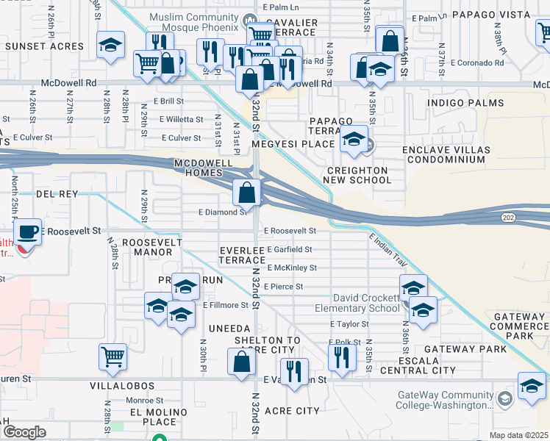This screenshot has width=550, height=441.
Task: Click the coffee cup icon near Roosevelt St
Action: (28, 232)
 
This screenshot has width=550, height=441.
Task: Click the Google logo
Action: (24, 432)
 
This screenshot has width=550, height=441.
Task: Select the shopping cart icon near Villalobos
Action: (113, 357)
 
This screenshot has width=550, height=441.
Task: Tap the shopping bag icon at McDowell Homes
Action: (248, 193)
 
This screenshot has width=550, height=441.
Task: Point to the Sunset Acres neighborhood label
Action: (45, 46)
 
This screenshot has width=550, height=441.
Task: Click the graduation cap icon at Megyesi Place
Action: (354, 139)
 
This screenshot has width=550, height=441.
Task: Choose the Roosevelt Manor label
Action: (147, 247)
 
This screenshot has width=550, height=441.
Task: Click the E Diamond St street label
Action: (223, 212)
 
